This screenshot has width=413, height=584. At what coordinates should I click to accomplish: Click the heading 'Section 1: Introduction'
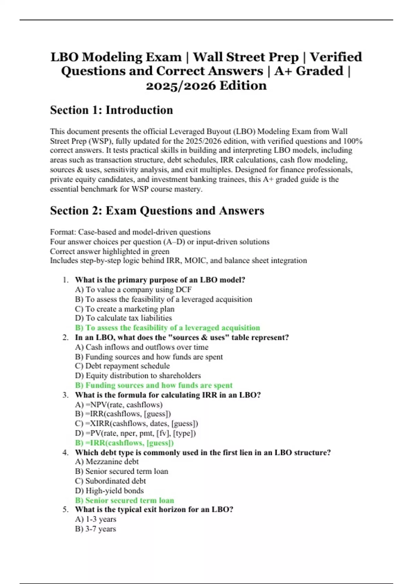click(112, 110)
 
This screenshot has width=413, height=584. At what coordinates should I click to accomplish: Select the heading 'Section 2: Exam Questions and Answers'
click(157, 211)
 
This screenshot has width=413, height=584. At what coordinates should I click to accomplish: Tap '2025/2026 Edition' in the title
click(206, 86)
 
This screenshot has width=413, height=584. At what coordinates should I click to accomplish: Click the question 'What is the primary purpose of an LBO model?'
click(160, 280)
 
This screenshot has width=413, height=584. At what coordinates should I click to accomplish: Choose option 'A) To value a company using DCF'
click(133, 290)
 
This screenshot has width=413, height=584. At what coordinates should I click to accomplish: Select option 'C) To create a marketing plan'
click(125, 309)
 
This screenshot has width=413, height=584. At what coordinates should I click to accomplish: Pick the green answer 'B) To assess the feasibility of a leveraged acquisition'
click(167, 328)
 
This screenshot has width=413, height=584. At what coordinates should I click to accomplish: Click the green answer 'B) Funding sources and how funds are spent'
click(153, 385)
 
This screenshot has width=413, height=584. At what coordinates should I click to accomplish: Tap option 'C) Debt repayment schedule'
click(122, 366)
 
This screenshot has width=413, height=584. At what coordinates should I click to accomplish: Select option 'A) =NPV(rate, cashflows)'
click(119, 405)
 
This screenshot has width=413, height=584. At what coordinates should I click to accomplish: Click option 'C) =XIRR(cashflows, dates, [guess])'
click(136, 424)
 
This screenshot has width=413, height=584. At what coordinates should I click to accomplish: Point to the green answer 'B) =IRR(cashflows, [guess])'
click(124, 443)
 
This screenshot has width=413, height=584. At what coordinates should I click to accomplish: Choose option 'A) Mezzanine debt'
click(107, 462)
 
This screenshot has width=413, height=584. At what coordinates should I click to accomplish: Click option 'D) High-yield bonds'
click(109, 491)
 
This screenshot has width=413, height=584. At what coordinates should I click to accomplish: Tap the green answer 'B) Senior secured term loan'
click(124, 501)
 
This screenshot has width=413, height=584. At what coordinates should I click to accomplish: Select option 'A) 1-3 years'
click(95, 519)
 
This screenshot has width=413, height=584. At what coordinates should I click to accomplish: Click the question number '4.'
click(65, 452)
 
